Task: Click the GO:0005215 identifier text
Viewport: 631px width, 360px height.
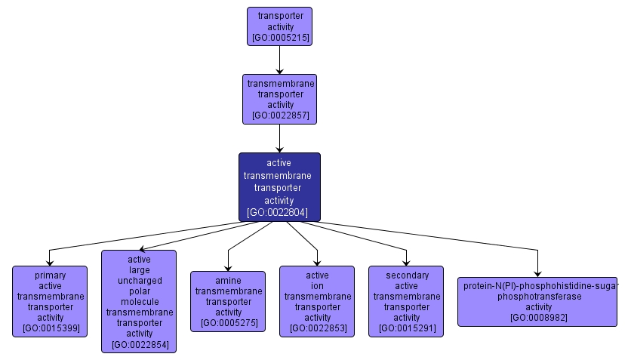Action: [279, 37]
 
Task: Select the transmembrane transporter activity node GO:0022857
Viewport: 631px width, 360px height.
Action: [279, 99]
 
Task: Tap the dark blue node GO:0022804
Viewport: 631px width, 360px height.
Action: [279, 187]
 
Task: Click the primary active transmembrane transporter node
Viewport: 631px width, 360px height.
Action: [50, 301]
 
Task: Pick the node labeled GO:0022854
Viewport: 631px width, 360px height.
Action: [139, 301]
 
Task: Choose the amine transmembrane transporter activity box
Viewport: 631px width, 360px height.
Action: [228, 301]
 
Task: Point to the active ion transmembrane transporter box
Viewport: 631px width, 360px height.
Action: [317, 301]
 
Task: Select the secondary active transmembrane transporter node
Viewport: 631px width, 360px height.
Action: [406, 301]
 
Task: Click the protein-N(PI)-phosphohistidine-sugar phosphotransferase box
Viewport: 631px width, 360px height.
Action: [537, 301]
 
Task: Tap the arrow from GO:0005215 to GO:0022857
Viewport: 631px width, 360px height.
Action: [279, 59]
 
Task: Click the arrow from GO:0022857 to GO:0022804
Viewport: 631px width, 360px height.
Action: [279, 138]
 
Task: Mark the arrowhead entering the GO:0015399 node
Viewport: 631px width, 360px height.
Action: [50, 261]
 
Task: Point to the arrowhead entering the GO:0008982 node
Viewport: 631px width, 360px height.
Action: [537, 272]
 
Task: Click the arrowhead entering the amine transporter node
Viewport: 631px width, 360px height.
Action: [228, 266]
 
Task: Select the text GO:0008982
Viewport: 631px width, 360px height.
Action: [538, 318]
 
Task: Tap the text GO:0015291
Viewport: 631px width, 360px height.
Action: [406, 328]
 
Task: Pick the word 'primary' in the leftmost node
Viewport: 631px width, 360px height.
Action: [50, 275]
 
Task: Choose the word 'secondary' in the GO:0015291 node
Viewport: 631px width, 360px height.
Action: [406, 275]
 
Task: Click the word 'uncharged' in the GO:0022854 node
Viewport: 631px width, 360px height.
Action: [139, 280]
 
